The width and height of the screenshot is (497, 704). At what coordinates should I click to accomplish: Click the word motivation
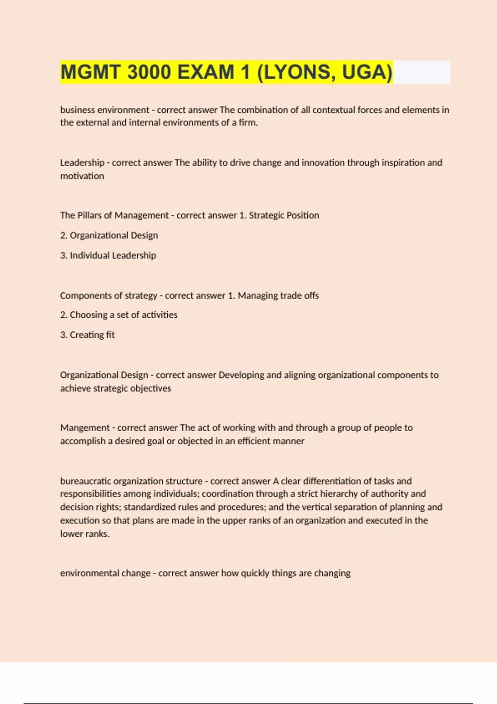82,176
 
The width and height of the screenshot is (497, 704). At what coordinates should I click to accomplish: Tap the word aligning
300,375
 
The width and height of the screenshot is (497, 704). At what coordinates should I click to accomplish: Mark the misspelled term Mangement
85,428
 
